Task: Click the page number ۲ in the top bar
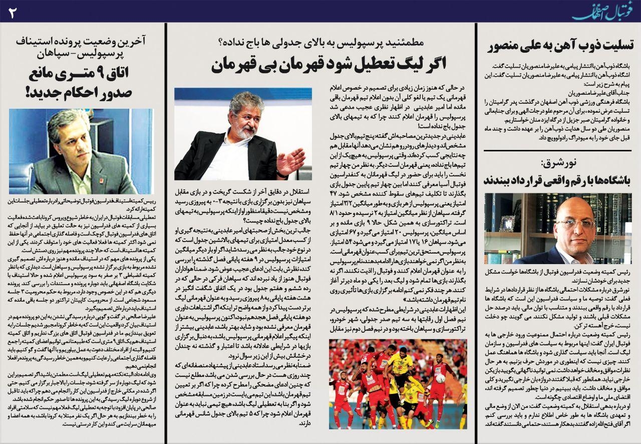(x=13, y=12)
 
